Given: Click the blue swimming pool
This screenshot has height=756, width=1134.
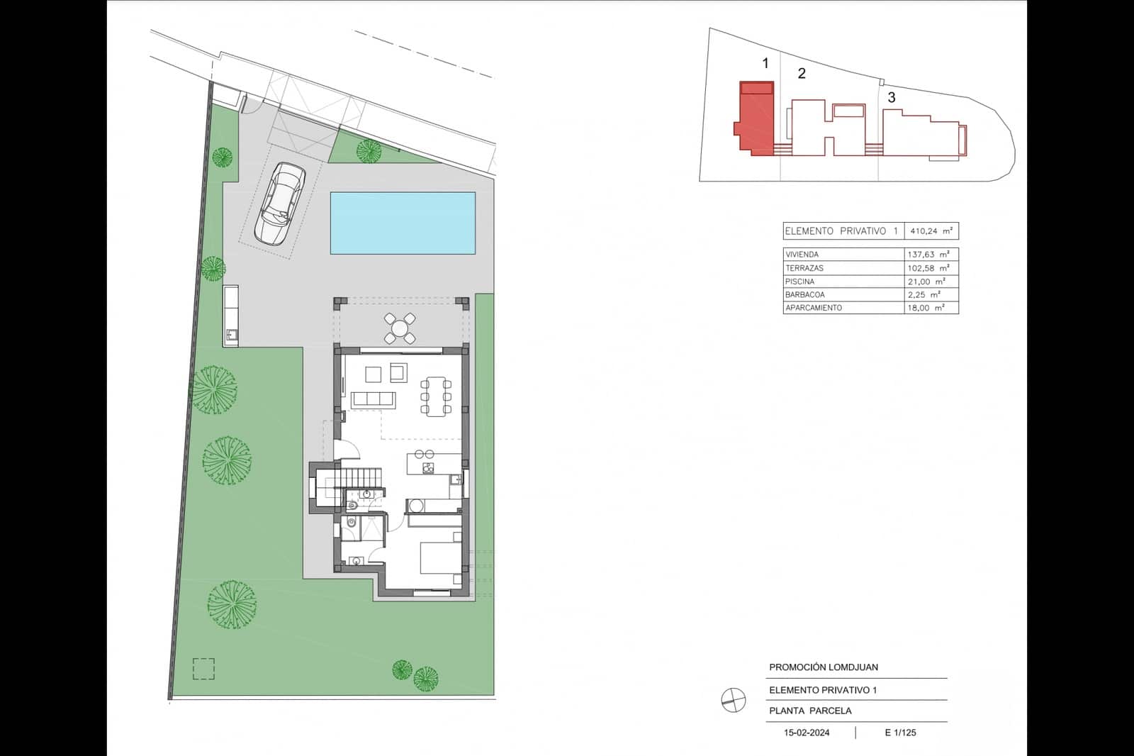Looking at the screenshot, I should (x=403, y=223).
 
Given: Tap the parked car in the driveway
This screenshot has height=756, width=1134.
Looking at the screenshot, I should (x=281, y=204).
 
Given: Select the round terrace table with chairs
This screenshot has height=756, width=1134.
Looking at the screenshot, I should (x=400, y=328).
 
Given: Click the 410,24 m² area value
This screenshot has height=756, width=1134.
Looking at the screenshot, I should (x=931, y=231).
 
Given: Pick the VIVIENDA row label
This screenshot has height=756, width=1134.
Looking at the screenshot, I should (x=802, y=255).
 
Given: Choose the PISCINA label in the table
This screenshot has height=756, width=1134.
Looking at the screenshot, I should (x=800, y=282).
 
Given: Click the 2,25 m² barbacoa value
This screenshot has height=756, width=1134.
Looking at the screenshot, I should (x=924, y=295).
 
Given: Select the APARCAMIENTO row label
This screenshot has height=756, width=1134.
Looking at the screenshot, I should (x=814, y=308).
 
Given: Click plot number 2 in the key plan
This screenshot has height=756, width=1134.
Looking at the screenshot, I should (x=802, y=74).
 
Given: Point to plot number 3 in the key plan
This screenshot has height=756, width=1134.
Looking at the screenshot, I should (x=892, y=98).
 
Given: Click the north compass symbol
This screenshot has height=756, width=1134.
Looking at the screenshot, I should (x=734, y=701).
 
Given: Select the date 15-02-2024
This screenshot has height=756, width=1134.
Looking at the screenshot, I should (x=807, y=733).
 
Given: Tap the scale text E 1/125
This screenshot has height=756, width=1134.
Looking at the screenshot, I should (x=900, y=733).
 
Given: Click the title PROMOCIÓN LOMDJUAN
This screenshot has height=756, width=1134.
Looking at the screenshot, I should (x=824, y=667).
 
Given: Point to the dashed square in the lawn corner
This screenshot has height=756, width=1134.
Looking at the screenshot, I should (x=203, y=669).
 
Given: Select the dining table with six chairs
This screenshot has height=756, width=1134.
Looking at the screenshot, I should (x=436, y=396).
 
